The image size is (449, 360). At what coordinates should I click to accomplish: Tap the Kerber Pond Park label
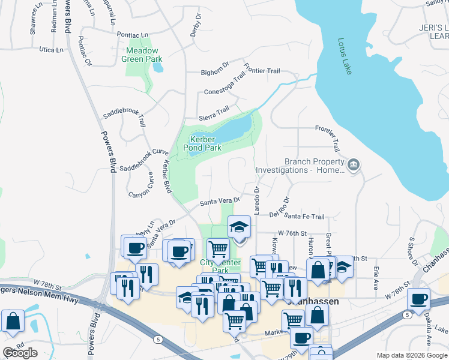[198, 143]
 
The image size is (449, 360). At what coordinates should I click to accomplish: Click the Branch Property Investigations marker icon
[354, 165]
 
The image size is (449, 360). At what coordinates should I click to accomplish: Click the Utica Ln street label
[51, 49]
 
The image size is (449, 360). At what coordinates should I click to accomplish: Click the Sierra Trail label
[214, 111]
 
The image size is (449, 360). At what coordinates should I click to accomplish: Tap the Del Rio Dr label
[279, 208]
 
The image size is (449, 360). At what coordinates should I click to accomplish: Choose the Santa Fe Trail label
[304, 217]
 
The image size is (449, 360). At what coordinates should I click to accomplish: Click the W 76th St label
[292, 233]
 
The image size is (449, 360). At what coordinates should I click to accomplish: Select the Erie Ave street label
[375, 279]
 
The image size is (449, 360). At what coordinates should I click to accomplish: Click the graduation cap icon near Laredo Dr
[240, 227]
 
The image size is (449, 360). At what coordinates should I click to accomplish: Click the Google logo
[20, 353]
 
